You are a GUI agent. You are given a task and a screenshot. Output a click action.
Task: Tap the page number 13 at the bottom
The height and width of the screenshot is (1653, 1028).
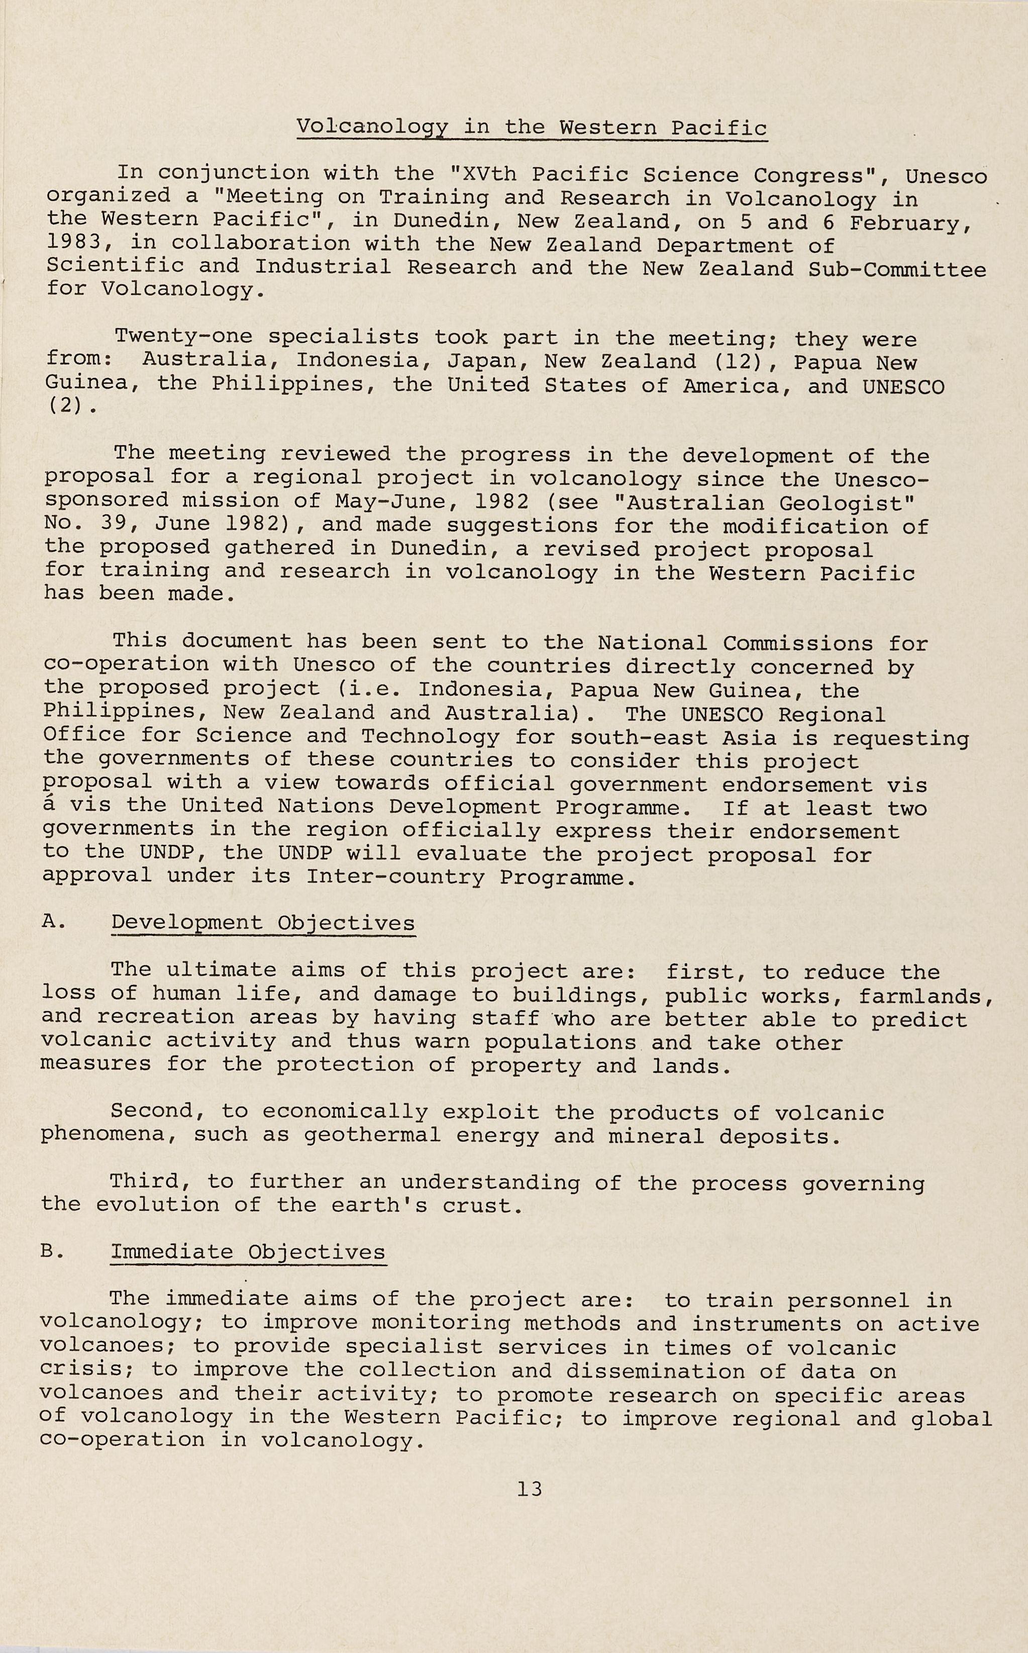[530, 1489]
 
